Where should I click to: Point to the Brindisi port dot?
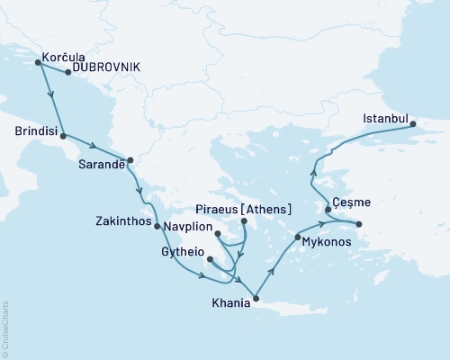(x=64, y=131)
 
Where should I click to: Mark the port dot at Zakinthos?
(x=157, y=227)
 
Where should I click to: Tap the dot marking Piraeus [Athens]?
(x=243, y=220)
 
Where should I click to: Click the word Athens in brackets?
(x=269, y=209)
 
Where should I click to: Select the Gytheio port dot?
(x=210, y=260)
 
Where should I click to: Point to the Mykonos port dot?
(x=297, y=238)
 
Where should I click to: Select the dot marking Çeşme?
(x=328, y=210)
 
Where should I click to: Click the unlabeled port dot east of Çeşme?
(x=359, y=224)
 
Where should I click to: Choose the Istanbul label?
(x=385, y=118)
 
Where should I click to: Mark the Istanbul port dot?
(x=413, y=125)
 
